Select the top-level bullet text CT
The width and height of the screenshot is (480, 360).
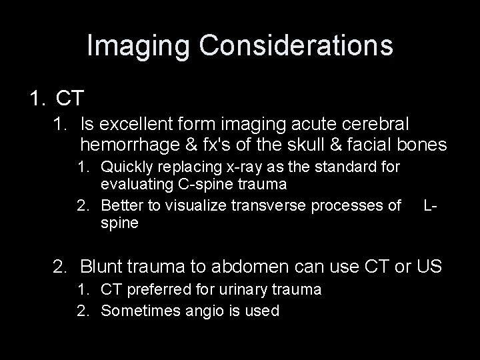tap(70, 99)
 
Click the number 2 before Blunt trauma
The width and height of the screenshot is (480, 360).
tap(61, 268)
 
